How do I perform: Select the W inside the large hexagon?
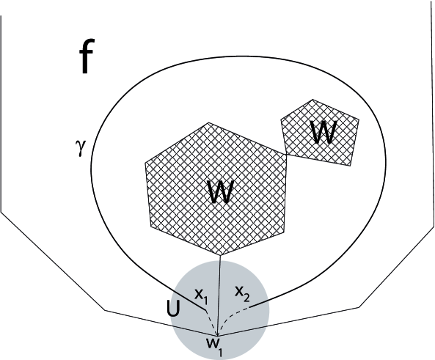[x=221, y=192]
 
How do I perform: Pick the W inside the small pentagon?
[x=323, y=132]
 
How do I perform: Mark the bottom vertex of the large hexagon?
[x=222, y=256]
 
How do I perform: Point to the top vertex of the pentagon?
[x=313, y=100]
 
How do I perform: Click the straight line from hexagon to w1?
[x=222, y=293]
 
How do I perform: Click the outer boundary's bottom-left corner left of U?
[x=106, y=312]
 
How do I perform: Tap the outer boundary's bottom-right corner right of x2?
[x=359, y=305]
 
